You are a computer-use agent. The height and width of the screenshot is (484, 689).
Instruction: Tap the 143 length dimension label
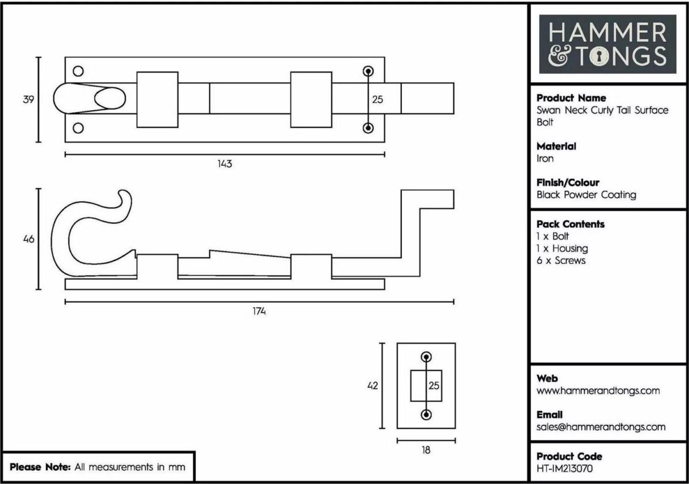tap(224, 164)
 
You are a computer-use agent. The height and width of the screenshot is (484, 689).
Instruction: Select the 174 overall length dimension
tap(259, 311)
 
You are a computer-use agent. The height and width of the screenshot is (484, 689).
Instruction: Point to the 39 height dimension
tap(28, 99)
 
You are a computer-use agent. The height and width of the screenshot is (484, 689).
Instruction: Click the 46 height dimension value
tap(29, 239)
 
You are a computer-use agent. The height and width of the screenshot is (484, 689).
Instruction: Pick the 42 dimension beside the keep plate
tap(373, 386)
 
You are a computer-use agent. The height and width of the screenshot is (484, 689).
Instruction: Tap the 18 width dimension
tap(426, 450)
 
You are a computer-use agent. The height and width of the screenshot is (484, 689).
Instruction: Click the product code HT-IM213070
tap(564, 468)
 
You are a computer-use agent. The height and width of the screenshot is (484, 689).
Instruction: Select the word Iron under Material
tap(545, 158)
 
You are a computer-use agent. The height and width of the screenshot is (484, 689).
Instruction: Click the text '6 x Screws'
tap(561, 261)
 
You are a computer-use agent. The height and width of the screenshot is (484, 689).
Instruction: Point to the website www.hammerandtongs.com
tap(598, 391)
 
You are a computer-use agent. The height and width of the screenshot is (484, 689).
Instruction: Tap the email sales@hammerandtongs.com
tap(601, 427)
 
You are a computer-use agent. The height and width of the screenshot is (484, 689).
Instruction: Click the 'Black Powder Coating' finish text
tap(586, 195)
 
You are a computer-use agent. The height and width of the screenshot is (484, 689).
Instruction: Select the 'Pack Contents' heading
tap(570, 224)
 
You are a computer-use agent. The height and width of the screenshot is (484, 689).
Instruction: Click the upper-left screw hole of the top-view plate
tap(78, 71)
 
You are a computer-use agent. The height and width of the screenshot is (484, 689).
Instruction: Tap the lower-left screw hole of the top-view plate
tap(78, 128)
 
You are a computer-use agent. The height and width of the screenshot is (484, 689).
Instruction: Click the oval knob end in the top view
tap(110, 98)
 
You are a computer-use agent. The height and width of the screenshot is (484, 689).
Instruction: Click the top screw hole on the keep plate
tap(426, 357)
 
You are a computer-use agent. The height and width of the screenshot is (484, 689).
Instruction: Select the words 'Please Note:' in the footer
tap(40, 467)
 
